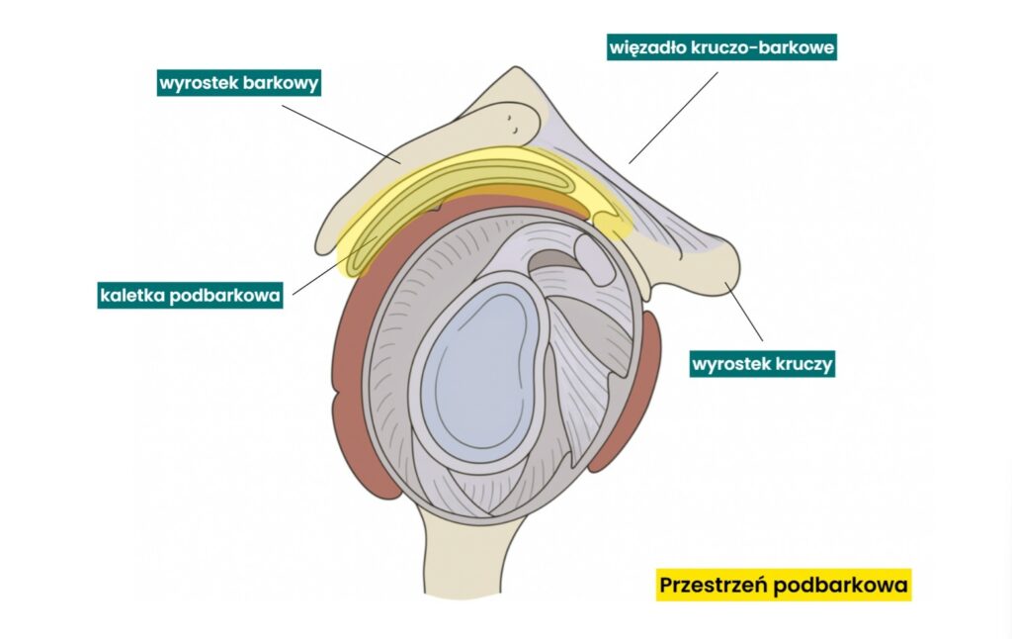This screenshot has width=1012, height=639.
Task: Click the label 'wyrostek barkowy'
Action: click(x=239, y=83)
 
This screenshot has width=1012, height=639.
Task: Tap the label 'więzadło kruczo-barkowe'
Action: click(x=721, y=46)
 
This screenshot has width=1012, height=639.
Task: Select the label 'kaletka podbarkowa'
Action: click(x=190, y=294)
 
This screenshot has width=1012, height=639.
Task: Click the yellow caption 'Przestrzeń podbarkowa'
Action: click(x=783, y=586)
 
